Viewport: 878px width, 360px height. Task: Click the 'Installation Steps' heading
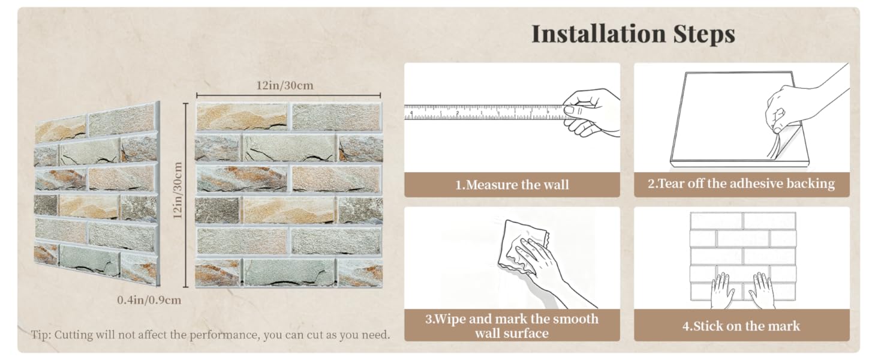[x=633, y=34]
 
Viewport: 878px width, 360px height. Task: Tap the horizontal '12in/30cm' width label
[x=285, y=85]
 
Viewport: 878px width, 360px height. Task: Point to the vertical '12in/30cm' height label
[x=178, y=191]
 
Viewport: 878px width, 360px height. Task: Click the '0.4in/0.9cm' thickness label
[x=149, y=300]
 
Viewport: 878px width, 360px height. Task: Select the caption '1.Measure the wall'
[x=512, y=184]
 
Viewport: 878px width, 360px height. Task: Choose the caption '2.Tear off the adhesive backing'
[x=741, y=184]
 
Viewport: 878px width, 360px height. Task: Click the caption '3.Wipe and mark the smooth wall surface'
[x=512, y=326]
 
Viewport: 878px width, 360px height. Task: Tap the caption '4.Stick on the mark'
[x=741, y=326]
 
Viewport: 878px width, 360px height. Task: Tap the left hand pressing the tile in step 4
[x=723, y=290]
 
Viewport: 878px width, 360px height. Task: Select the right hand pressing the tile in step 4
[x=762, y=290]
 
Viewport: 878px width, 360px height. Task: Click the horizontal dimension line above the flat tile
[x=288, y=95]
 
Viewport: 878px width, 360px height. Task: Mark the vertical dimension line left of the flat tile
[x=186, y=195]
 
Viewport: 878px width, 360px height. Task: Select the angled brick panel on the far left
[x=97, y=194]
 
